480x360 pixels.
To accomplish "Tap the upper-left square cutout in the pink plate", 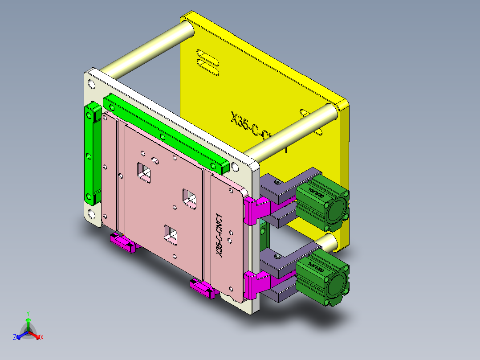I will (144, 172).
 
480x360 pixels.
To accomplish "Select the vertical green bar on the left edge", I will (92, 154).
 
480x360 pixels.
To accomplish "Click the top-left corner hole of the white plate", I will (92, 84).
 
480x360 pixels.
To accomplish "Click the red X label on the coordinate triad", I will (41, 338).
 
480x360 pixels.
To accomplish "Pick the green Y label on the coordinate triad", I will (28, 313).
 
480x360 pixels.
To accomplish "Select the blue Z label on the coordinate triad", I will (15, 338).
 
